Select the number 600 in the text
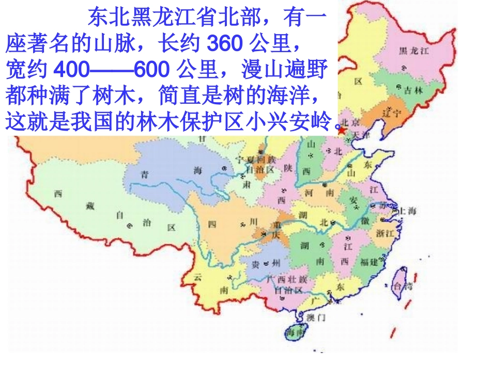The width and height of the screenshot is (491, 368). point(154,69)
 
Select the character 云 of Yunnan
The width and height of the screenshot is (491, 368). point(197,277)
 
